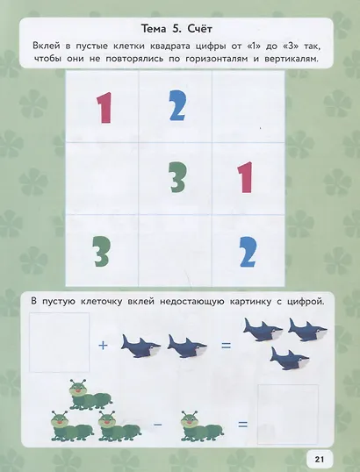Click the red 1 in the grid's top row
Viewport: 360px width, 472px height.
tap(104, 108)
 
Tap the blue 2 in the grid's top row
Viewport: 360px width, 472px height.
tap(177, 105)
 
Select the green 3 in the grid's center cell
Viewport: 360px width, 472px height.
tap(177, 177)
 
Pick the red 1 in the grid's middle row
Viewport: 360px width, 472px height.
tap(245, 177)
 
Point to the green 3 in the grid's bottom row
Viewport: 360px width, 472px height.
tap(102, 251)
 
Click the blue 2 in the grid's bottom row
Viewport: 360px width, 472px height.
tap(248, 252)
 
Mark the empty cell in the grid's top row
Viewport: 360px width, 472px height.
tap(248, 106)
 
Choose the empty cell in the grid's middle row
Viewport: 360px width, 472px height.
tap(102, 178)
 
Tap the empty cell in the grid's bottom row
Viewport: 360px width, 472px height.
tap(176, 250)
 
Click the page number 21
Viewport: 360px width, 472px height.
tap(320, 460)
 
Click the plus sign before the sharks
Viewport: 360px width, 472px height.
tap(103, 346)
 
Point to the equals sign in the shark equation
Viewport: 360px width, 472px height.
tap(226, 346)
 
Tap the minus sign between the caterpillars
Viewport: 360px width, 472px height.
tap(158, 425)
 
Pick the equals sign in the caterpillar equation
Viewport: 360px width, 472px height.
tap(243, 425)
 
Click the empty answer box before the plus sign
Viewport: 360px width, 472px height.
tap(59, 342)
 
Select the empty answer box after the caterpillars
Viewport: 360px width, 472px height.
tap(288, 414)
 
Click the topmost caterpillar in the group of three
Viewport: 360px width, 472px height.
tap(90, 394)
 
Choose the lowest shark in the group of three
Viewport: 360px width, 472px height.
tap(290, 358)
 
